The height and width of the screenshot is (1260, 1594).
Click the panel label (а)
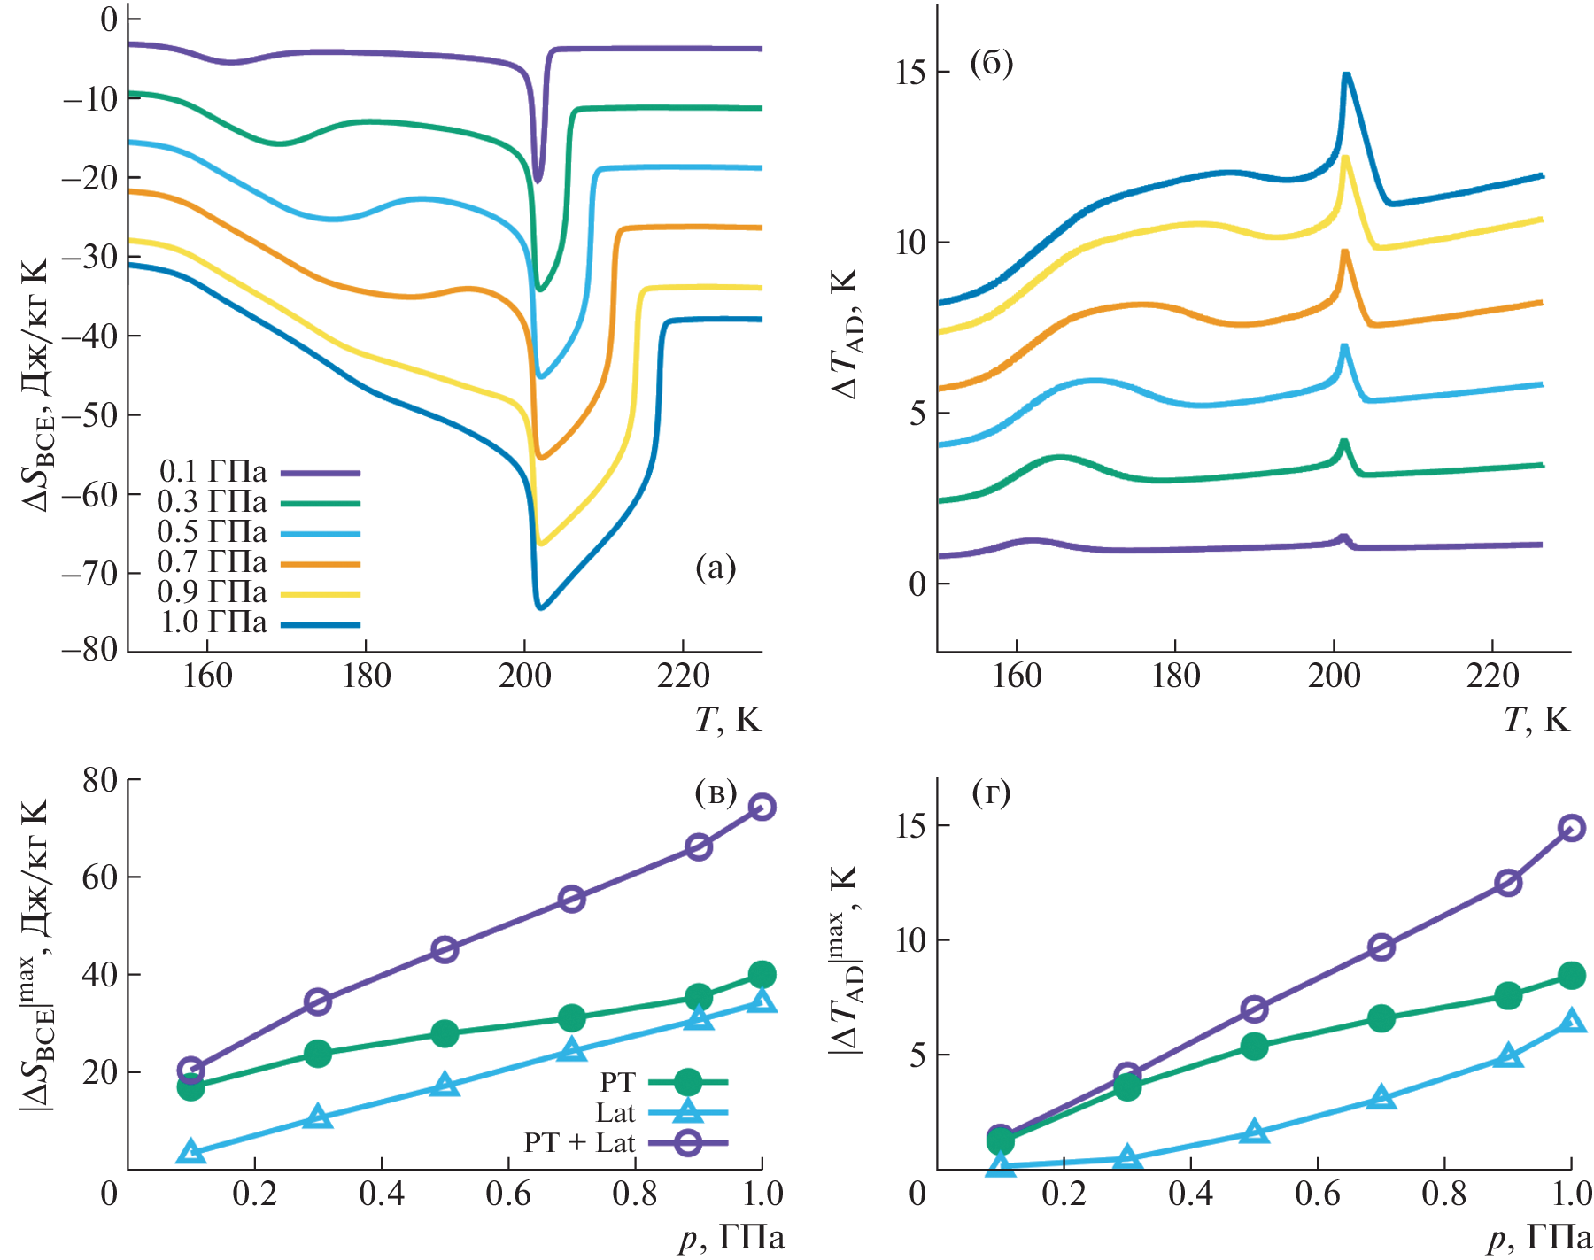pyautogui.click(x=716, y=568)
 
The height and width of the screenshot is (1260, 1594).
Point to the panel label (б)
pyautogui.click(x=991, y=64)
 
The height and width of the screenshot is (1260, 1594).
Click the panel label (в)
pyautogui.click(x=716, y=792)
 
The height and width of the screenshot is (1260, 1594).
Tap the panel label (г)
pyautogui.click(x=991, y=792)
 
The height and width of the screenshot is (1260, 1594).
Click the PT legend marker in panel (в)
pyautogui.click(x=687, y=1082)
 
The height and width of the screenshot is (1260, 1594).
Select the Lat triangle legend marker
pyautogui.click(x=687, y=1112)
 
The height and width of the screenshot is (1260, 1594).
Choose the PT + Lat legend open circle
pyautogui.click(x=687, y=1143)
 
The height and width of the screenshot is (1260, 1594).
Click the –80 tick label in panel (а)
pyautogui.click(x=89, y=649)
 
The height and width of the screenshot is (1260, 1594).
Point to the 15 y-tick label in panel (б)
pyautogui.click(x=910, y=72)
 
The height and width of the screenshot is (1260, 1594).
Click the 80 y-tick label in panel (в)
pyautogui.click(x=99, y=780)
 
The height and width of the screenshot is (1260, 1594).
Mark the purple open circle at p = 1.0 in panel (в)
pyautogui.click(x=762, y=807)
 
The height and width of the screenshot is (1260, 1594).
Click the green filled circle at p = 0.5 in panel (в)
pyautogui.click(x=445, y=1033)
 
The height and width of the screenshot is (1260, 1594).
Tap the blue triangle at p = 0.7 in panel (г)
pyautogui.click(x=1381, y=1099)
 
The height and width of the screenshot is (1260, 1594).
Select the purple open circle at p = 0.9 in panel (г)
pyautogui.click(x=1508, y=883)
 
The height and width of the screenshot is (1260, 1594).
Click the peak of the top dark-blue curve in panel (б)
pyautogui.click(x=1346, y=74)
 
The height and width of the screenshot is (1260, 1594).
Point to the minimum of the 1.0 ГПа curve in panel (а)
pyautogui.click(x=540, y=608)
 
